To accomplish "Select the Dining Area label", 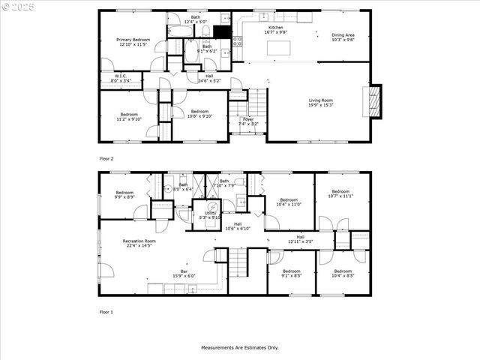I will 343,37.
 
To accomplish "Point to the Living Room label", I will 320,102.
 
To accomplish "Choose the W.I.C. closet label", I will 120,77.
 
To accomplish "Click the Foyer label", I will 247,121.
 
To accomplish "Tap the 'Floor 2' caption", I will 106,159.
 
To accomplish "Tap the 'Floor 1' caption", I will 106,311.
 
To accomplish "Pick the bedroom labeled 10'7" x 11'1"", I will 341,194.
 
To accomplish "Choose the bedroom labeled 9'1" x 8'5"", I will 291,273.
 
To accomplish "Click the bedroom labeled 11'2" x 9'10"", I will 129,116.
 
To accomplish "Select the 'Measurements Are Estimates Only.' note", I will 239,347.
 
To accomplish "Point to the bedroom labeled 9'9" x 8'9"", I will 124,195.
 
